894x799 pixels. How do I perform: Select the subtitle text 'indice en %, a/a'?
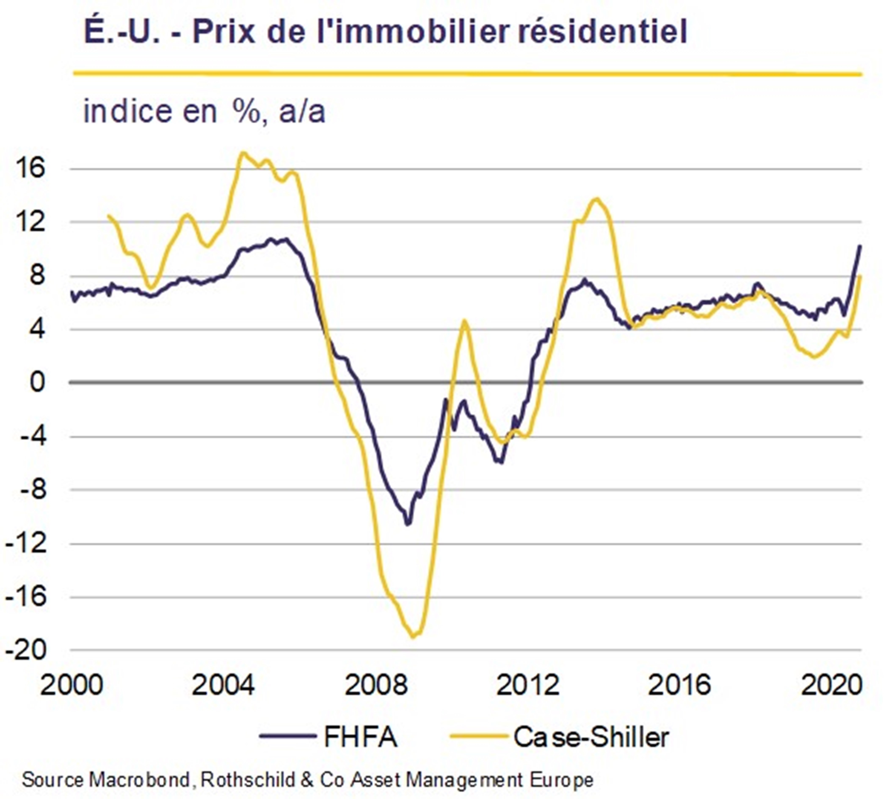[x=204, y=112]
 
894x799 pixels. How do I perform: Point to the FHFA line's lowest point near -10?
[x=407, y=523]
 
